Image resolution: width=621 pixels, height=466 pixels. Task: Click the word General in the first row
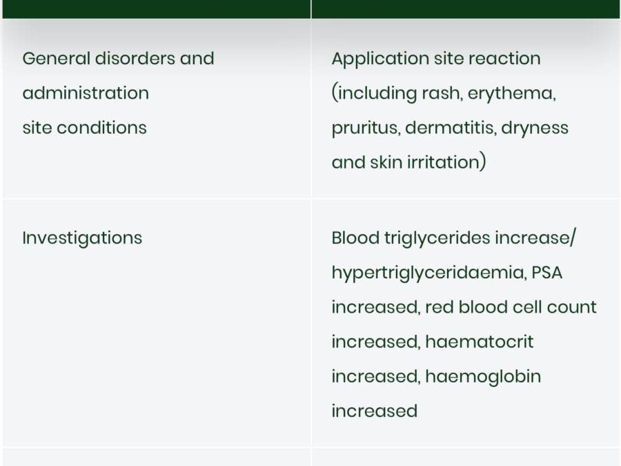coord(57,58)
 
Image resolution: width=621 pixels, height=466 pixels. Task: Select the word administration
coord(86,93)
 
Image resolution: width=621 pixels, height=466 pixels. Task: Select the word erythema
coord(512,94)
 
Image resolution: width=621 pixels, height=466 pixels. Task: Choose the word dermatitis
coord(451,128)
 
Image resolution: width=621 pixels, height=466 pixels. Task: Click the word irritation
coord(444,162)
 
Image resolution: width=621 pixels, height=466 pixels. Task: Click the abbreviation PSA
coord(546,273)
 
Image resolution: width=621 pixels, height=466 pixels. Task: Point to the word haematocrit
coord(480,342)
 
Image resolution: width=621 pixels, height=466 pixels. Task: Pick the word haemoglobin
coord(483,377)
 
